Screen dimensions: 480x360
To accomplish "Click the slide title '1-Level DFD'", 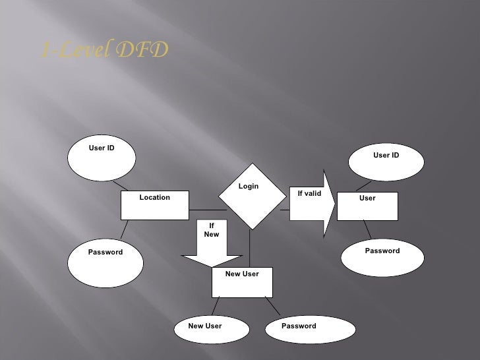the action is click(104, 50).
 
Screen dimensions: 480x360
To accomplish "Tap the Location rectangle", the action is click(154, 205).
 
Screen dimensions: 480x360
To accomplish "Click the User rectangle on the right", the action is click(367, 206).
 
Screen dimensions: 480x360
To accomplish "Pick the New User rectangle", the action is click(242, 283).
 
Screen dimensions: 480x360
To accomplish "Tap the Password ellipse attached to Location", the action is click(105, 260).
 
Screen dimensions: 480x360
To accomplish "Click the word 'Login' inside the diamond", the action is click(249, 187).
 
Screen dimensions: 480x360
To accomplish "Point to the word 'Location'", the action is click(154, 197).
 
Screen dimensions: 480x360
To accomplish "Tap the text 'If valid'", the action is click(309, 193).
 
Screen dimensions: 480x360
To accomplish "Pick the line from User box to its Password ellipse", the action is click(368, 229).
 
